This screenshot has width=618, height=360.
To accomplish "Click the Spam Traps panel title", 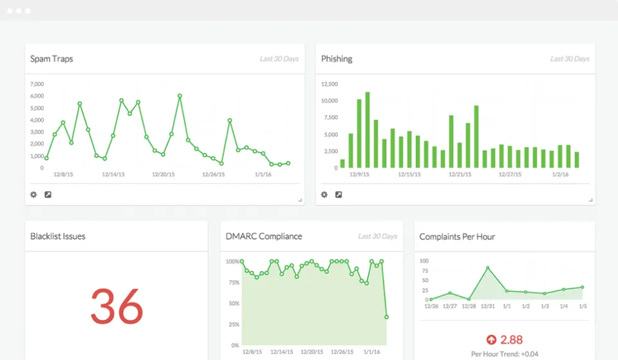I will pyautogui.click(x=51, y=59).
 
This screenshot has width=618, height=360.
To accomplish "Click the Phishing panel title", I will pyautogui.click(x=337, y=59).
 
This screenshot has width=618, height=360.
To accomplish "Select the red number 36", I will pyautogui.click(x=117, y=307).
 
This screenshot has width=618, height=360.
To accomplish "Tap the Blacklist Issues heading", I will pyautogui.click(x=58, y=237).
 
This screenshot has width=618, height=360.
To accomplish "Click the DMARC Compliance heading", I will pyautogui.click(x=264, y=237).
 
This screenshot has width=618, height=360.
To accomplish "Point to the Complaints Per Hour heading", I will pyautogui.click(x=457, y=237).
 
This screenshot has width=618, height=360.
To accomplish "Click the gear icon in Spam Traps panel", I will pyautogui.click(x=33, y=194).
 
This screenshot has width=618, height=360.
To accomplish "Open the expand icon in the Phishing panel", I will pyautogui.click(x=339, y=194).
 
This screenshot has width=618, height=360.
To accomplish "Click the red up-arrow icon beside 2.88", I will pyautogui.click(x=491, y=339).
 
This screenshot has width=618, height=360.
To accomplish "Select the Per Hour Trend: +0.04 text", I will pyautogui.click(x=505, y=354).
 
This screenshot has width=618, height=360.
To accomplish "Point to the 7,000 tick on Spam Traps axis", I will pyautogui.click(x=37, y=84).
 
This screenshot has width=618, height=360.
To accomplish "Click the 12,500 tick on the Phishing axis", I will pyautogui.click(x=329, y=84).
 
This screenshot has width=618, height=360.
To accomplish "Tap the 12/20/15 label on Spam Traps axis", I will pyautogui.click(x=164, y=174).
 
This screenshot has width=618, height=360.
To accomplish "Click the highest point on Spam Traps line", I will pyautogui.click(x=180, y=96).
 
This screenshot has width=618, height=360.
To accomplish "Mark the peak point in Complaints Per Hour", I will pyautogui.click(x=488, y=268).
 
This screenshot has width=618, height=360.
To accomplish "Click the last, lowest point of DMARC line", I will pyautogui.click(x=386, y=317).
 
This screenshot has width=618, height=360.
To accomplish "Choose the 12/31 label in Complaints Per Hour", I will pyautogui.click(x=487, y=306).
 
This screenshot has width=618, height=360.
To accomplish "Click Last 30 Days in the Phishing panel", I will pyautogui.click(x=570, y=59).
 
